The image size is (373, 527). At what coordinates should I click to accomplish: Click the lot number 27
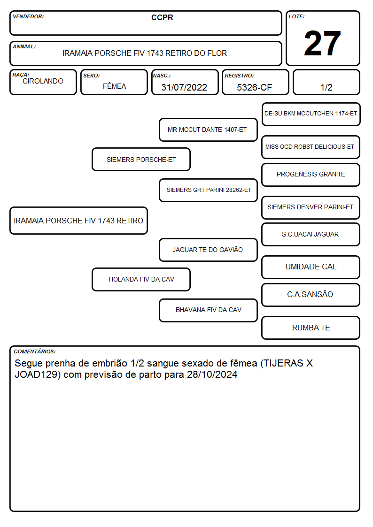click(322, 43)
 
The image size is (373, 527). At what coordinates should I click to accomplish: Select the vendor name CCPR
click(162, 17)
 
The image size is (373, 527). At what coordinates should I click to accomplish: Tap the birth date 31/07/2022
click(184, 87)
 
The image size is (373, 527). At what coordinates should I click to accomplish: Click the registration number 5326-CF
click(254, 87)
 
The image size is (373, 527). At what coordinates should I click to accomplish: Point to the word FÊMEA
click(114, 86)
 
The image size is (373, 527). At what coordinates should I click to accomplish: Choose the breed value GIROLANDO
click(43, 81)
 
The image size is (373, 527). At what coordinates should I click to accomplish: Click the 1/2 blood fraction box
click(326, 82)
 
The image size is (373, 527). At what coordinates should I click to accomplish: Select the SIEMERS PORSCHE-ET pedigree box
click(141, 159)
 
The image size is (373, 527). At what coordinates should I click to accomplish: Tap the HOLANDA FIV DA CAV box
click(141, 279)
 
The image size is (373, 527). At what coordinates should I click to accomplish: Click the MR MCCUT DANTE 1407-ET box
click(208, 130)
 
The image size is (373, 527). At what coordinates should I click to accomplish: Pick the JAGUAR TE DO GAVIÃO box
click(208, 250)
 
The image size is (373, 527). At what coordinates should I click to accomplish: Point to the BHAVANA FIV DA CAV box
click(208, 310)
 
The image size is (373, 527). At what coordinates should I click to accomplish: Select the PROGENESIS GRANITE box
click(311, 175)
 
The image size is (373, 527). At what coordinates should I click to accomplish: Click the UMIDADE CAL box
click(311, 267)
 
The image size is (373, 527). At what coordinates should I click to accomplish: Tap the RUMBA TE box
click(311, 328)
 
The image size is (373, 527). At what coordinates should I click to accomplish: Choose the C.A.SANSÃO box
click(311, 295)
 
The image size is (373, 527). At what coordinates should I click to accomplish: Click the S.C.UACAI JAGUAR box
click(311, 234)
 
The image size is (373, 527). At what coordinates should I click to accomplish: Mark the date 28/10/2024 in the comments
click(212, 374)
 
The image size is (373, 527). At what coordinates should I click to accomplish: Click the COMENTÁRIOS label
click(35, 351)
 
